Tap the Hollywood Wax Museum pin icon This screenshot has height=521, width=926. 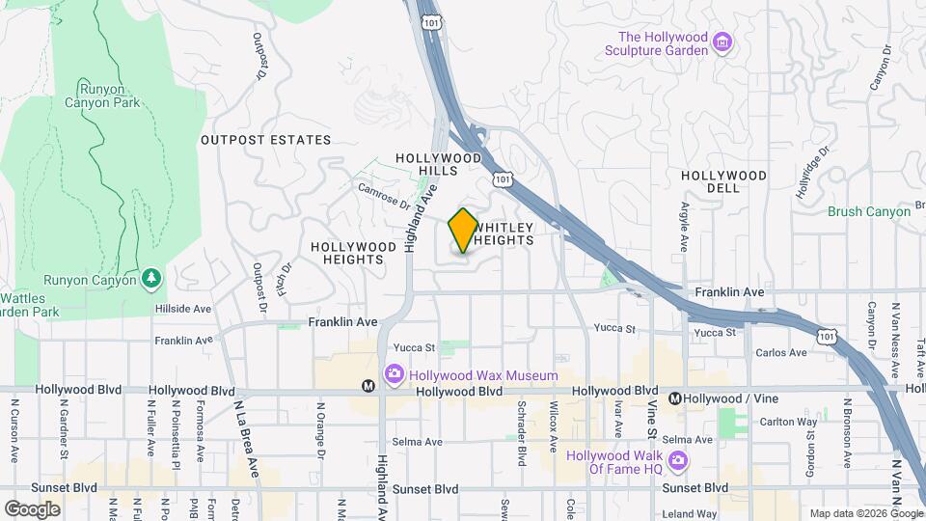393,373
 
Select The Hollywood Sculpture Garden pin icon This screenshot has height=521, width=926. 722,42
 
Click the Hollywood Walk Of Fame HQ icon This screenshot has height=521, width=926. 679,461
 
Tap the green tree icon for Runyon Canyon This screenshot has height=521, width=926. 150,279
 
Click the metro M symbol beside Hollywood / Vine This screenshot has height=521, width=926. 675,398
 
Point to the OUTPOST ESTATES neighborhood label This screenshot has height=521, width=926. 265,140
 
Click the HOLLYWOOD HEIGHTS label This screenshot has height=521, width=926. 353,254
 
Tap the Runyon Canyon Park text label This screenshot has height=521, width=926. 102,95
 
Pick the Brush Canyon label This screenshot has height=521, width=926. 868,211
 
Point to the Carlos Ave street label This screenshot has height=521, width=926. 781,353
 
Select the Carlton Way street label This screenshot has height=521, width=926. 787,422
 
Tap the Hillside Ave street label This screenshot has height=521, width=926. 182,309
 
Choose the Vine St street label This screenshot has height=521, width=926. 652,417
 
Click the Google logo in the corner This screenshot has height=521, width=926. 32,508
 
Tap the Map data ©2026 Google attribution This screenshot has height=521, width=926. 865,513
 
